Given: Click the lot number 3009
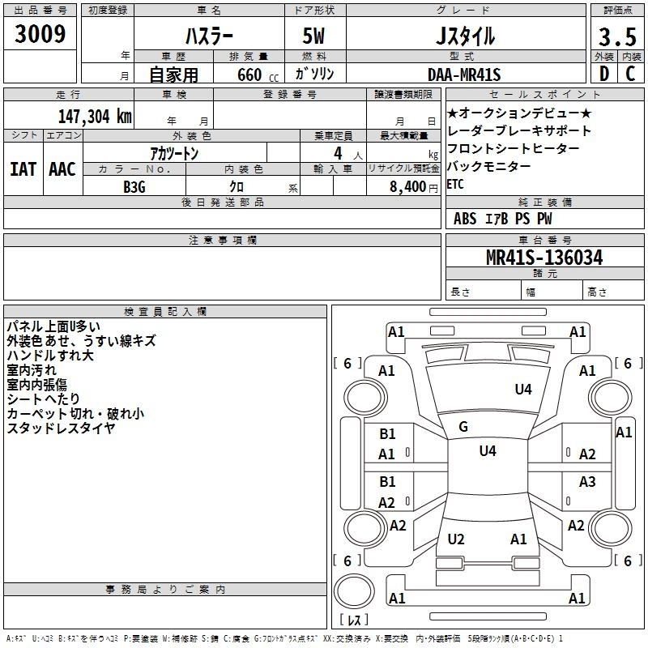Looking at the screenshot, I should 40,35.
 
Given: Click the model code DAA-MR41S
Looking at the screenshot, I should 464,75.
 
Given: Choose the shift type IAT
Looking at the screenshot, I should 23,169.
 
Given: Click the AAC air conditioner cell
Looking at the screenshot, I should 62,169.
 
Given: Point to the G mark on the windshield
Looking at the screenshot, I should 463,427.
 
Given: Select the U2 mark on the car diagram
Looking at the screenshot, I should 456,539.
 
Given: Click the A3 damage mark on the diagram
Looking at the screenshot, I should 587,482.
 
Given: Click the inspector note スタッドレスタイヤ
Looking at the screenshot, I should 61,428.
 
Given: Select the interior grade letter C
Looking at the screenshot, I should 630,74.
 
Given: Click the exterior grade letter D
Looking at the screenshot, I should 603,74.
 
